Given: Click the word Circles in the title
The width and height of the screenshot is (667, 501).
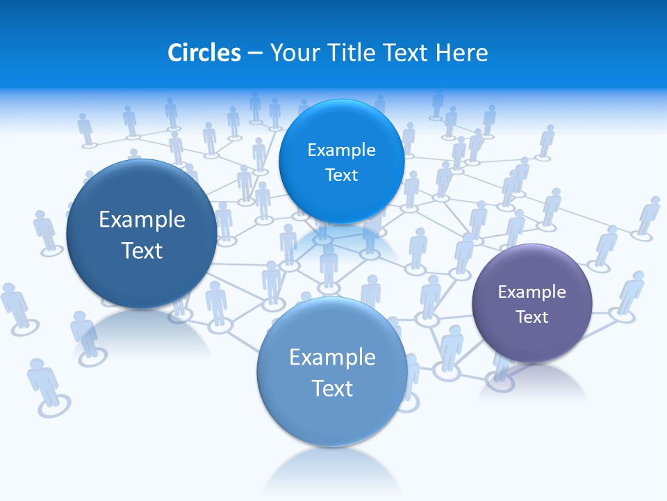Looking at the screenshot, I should pyautogui.click(x=204, y=53).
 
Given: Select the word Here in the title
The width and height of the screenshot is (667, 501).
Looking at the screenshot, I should pyautogui.click(x=461, y=53).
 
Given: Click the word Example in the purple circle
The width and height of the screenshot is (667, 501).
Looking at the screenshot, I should pyautogui.click(x=532, y=292).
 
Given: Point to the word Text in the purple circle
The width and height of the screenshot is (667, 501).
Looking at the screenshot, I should pyautogui.click(x=532, y=317).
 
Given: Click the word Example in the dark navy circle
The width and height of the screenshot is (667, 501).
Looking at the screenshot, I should pyautogui.click(x=142, y=220).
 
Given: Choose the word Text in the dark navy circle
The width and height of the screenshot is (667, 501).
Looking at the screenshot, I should pyautogui.click(x=142, y=250).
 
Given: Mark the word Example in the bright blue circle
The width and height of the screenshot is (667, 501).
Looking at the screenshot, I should pyautogui.click(x=341, y=150).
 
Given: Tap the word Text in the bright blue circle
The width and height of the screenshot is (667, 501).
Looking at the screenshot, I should pyautogui.click(x=341, y=175).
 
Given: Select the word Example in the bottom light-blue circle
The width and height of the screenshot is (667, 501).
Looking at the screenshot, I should pyautogui.click(x=332, y=358).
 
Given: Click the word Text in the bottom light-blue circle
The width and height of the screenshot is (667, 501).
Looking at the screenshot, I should pyautogui.click(x=332, y=388).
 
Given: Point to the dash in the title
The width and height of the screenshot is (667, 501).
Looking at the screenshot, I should pyautogui.click(x=255, y=54).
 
